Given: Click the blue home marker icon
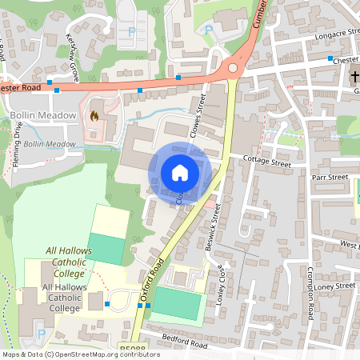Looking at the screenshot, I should pos(179,172).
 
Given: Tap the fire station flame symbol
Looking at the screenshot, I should pos(94,116).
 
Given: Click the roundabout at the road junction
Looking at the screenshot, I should pos(233,69).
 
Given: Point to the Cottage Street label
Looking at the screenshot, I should pos(268,162).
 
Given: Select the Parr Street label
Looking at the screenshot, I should pos(330,177).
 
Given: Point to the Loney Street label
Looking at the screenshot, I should pos(334,286).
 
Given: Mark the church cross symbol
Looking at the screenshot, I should pos(354,77).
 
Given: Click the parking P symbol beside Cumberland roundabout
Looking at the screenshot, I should pos(210,30).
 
